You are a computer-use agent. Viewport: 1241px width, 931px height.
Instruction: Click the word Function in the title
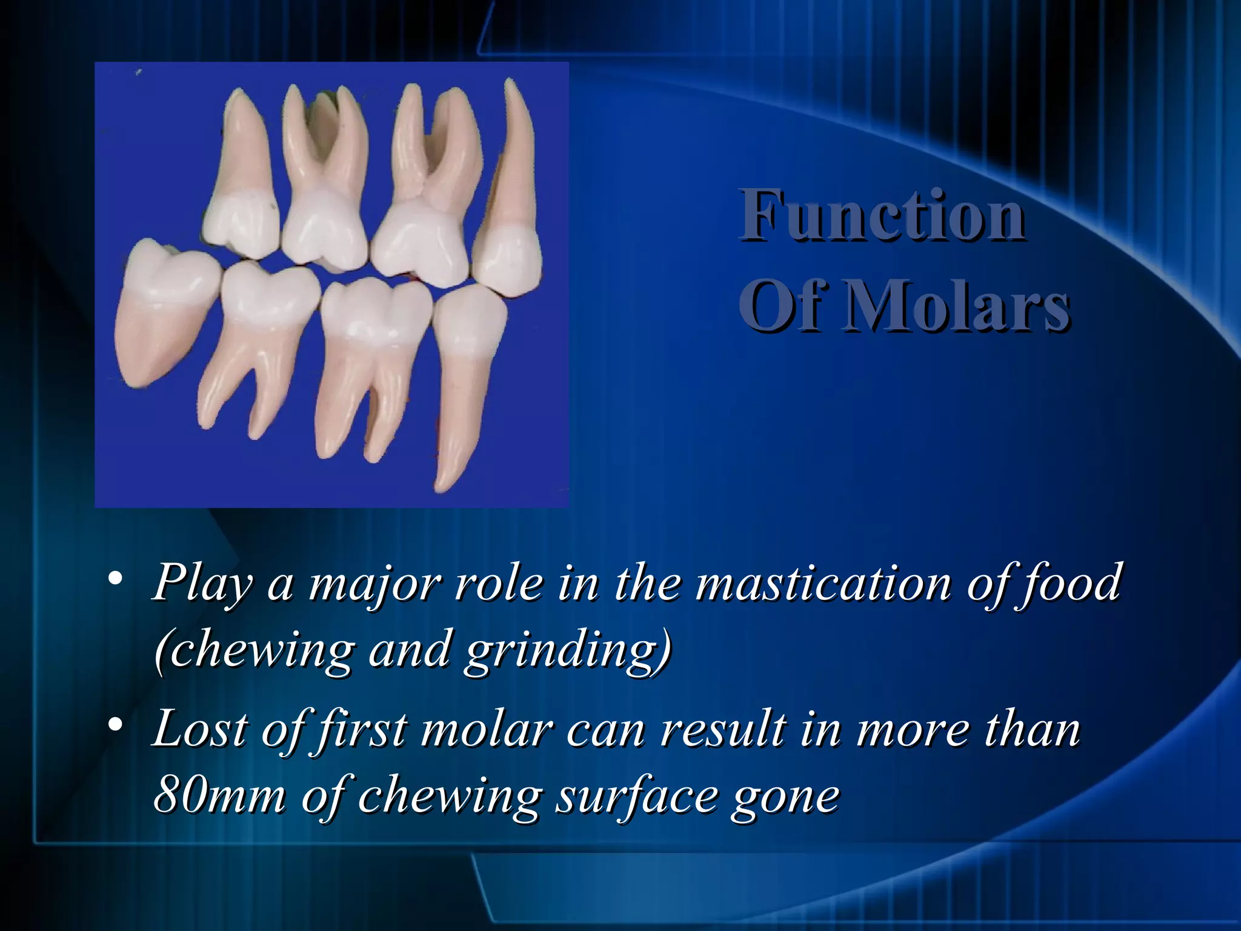click(882, 216)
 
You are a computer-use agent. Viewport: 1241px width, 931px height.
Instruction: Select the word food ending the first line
click(1070, 583)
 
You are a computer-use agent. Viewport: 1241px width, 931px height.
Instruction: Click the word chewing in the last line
click(448, 798)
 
